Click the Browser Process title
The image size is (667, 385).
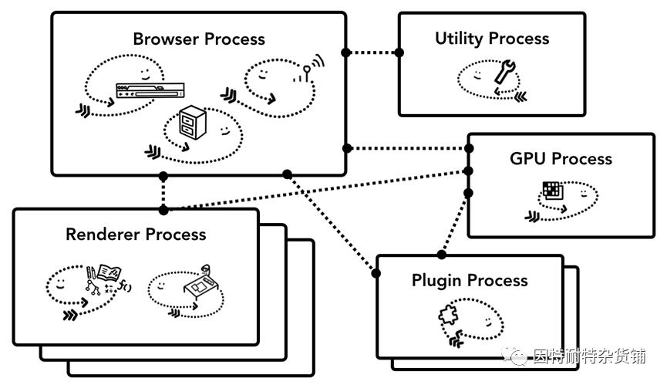click(x=198, y=39)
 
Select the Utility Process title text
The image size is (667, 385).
click(x=491, y=39)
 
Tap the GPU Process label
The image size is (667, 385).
click(x=561, y=159)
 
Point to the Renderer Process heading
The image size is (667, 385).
click(x=136, y=234)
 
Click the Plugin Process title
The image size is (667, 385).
click(x=470, y=280)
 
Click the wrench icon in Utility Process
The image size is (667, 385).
click(x=504, y=72)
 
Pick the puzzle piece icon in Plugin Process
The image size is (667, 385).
click(x=448, y=316)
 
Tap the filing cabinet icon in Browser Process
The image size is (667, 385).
click(x=188, y=123)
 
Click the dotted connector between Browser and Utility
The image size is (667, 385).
click(x=373, y=52)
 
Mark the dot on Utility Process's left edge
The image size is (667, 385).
click(x=399, y=52)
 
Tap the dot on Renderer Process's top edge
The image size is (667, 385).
click(x=163, y=209)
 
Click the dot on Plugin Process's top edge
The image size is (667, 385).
click(x=442, y=255)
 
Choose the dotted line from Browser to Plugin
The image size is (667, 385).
click(x=332, y=223)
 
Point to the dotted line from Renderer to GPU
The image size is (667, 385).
click(x=316, y=189)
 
